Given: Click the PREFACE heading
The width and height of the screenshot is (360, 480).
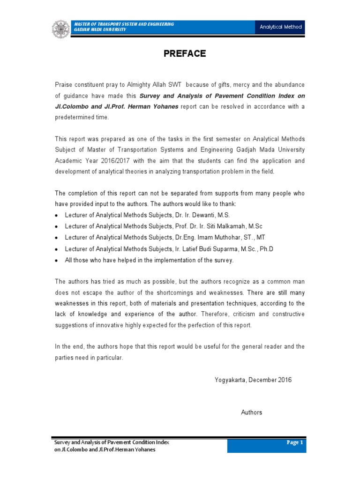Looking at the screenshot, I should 185,53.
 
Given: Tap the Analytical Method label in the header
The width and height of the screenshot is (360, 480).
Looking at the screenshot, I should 281,27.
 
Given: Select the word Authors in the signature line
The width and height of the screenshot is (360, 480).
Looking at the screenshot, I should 252,412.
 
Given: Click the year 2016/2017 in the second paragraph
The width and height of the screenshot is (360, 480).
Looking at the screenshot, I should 124,161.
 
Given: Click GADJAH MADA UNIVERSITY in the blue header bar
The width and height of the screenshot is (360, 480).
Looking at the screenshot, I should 99,30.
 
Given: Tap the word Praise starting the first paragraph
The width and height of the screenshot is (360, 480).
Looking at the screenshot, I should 65,84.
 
